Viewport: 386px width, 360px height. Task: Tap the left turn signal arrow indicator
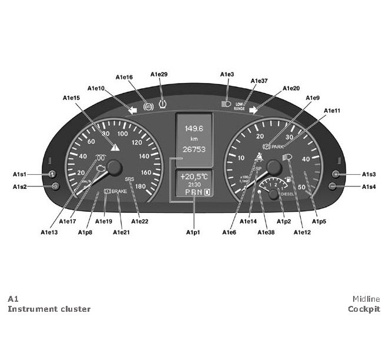133,109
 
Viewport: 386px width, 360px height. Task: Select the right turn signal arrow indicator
254,109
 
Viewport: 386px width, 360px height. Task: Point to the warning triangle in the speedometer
115,147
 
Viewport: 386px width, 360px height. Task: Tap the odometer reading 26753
194,149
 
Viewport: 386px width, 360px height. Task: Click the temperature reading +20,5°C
194,176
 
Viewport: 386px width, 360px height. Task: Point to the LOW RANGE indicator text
240,106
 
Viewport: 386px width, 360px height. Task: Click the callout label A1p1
193,232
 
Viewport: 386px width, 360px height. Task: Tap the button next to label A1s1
52,174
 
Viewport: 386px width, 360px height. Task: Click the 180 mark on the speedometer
141,186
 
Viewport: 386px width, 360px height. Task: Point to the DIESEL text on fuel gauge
288,193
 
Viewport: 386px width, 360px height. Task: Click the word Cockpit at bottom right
364,309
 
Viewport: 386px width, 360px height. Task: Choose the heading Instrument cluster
49,309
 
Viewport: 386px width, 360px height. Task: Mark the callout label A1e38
266,232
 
